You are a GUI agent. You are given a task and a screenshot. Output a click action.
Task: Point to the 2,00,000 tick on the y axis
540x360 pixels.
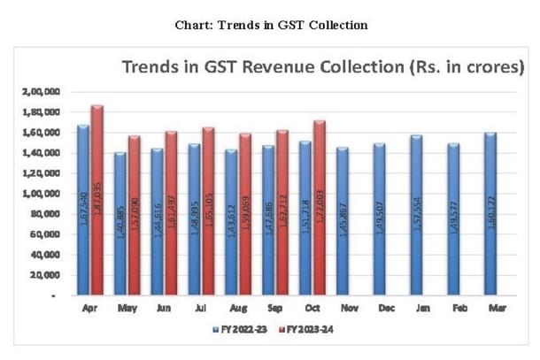36,92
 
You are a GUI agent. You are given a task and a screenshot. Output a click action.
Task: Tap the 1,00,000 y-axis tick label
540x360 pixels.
36,194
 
